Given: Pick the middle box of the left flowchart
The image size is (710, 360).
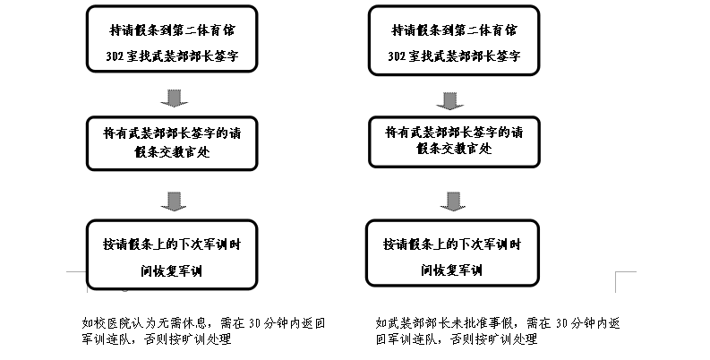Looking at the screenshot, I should coord(171,142).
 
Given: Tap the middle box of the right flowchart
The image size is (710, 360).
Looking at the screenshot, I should coord(453,142).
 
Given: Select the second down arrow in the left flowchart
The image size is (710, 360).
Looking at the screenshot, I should coord(178,199).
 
